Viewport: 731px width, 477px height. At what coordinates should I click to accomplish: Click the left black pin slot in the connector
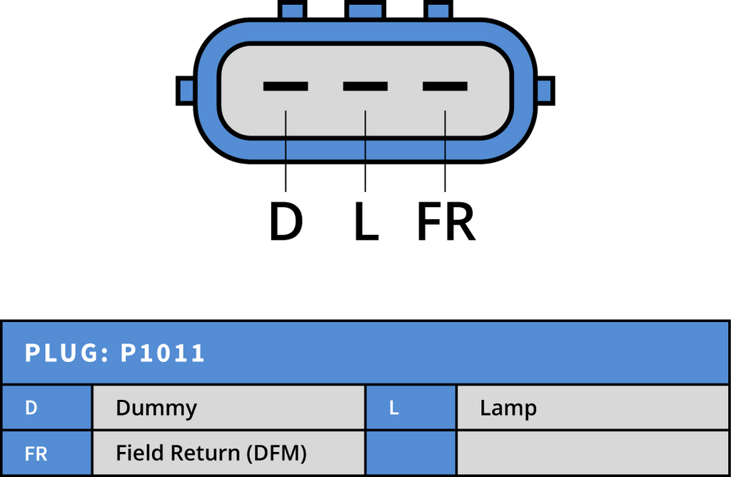pos(286,86)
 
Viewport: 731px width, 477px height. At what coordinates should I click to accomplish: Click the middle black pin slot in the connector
pos(365,86)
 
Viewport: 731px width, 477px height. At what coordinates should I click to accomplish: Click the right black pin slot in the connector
pos(445,86)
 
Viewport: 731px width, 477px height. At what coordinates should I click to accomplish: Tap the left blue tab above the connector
pos(293,11)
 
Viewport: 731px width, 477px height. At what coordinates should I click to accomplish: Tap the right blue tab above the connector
pos(438,11)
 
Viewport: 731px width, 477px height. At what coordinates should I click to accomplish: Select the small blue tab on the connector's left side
pos(186,91)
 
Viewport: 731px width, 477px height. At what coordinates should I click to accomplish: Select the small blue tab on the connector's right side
pos(544,91)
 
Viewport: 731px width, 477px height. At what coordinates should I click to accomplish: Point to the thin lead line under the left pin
pos(286,134)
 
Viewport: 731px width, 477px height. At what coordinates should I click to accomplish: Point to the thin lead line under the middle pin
pos(365,134)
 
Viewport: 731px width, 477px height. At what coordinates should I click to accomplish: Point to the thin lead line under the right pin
pos(445,134)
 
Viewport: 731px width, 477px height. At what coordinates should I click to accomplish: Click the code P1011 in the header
pos(163,353)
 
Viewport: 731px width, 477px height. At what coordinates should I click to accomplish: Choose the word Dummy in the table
pos(156,408)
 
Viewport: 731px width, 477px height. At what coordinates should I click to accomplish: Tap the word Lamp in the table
pos(508,408)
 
